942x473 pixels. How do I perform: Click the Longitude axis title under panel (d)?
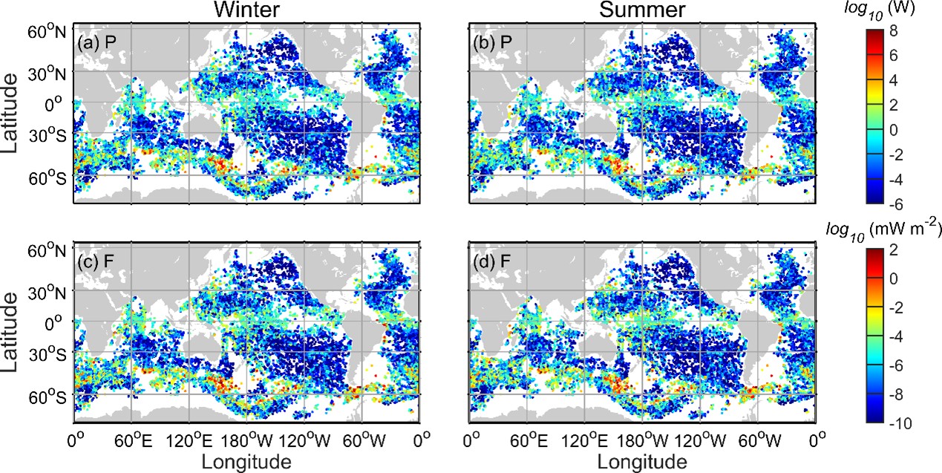point(642,460)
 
